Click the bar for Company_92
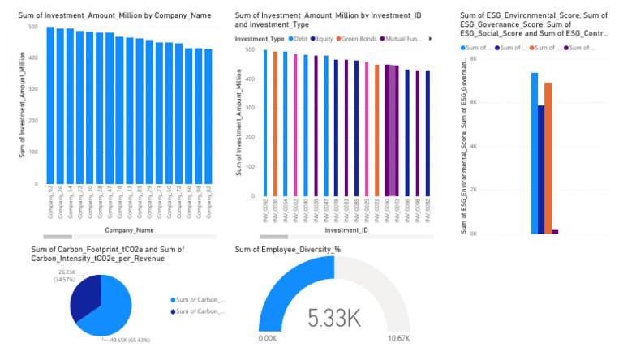[x=50, y=105]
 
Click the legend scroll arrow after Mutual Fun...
[x=429, y=38]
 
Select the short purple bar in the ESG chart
[x=556, y=231]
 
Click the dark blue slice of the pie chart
[x=84, y=295]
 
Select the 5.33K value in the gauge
[x=333, y=318]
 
